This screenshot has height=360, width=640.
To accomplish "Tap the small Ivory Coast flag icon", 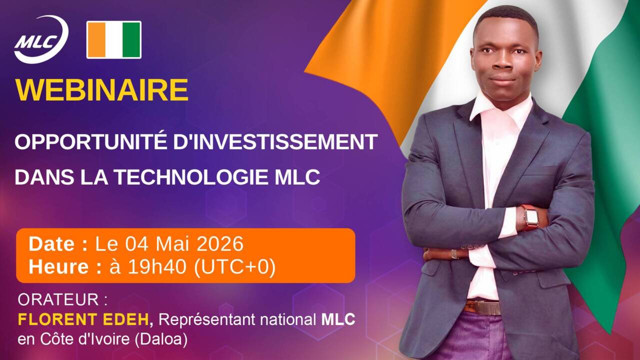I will click(x=114, y=40).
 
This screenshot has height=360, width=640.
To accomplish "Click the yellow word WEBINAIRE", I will click(x=102, y=90).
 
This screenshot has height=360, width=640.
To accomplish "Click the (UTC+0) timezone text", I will click(x=234, y=267).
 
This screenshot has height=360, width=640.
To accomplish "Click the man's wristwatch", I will click(x=530, y=217).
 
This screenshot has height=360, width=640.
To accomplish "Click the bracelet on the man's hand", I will click(x=454, y=253).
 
